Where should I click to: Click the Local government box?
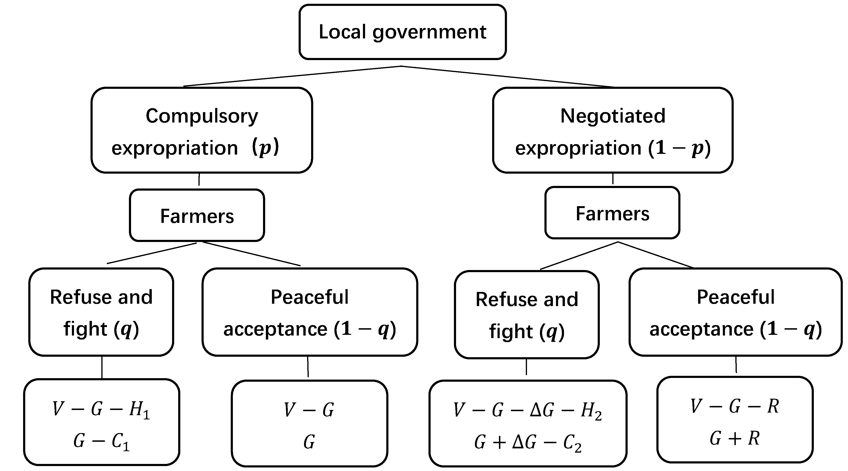[402, 32]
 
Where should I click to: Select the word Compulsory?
[202, 116]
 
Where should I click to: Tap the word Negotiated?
[613, 116]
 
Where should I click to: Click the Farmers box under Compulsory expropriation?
[197, 216]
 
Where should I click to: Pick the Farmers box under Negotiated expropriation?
[612, 213]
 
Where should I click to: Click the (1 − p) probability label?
[679, 148]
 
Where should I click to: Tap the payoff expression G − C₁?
[101, 441]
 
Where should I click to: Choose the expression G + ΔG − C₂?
[528, 442]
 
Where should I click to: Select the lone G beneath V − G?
[309, 442]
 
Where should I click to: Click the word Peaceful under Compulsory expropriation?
[309, 297]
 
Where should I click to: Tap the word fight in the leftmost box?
[85, 329]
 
